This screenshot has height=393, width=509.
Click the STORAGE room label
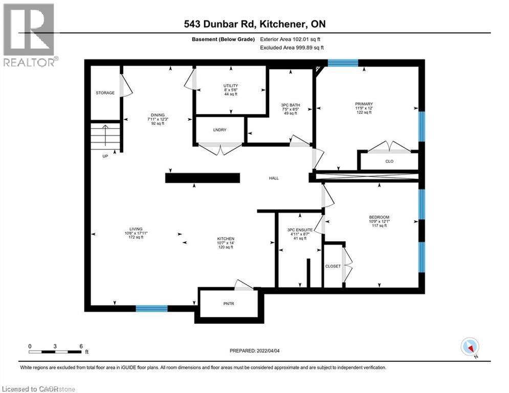point(105,93)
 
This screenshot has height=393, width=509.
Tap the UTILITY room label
point(230,85)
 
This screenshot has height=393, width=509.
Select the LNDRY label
point(220,129)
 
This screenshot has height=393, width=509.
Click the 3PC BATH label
point(290,105)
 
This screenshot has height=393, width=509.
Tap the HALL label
point(274,178)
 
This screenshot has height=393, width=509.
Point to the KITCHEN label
point(225,239)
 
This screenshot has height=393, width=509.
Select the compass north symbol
point(469,346)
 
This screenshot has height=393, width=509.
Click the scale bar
point(55,352)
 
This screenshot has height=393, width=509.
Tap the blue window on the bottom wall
point(151,308)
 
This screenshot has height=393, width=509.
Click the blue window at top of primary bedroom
point(343,63)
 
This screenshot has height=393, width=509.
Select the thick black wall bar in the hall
point(203,178)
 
